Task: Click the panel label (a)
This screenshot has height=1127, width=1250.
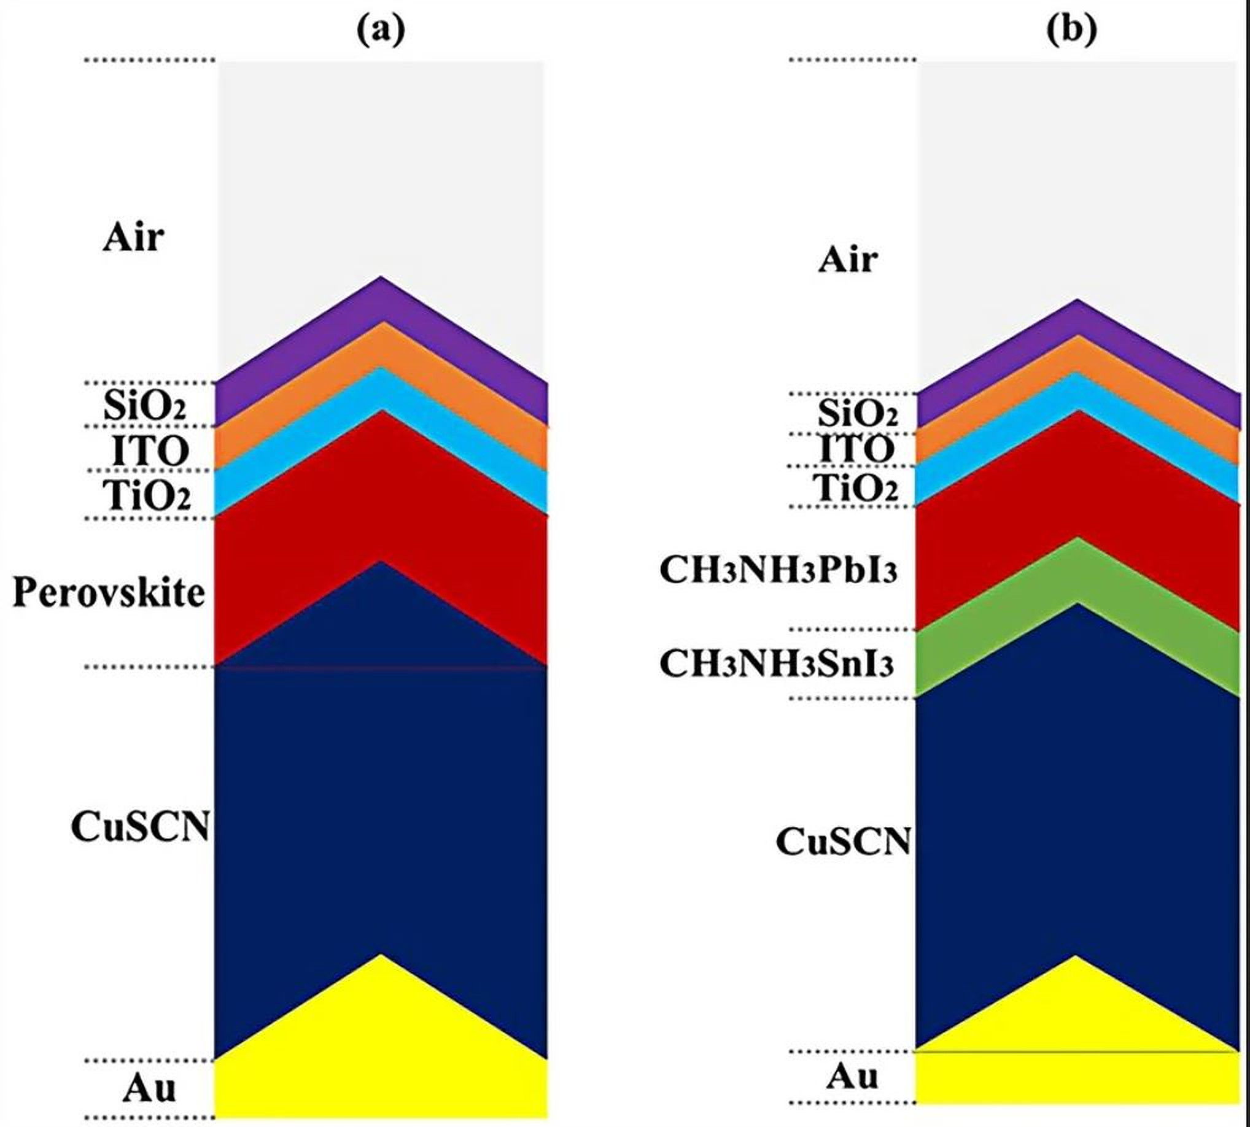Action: [380, 29]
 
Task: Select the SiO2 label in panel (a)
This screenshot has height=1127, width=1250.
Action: [145, 407]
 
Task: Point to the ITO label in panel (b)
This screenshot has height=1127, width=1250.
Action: [857, 449]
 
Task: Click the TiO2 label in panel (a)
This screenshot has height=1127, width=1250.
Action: [147, 496]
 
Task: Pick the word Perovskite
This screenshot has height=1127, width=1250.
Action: [109, 592]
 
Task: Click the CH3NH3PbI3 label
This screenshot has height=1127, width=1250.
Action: [778, 570]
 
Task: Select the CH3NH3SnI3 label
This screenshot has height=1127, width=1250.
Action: [777, 664]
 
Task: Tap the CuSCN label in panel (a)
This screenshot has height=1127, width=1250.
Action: [140, 826]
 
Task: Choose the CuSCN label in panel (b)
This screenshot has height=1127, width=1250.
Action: [842, 842]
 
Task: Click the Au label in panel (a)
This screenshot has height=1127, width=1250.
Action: [149, 1088]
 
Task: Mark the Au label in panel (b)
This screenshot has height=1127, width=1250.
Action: [852, 1076]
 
